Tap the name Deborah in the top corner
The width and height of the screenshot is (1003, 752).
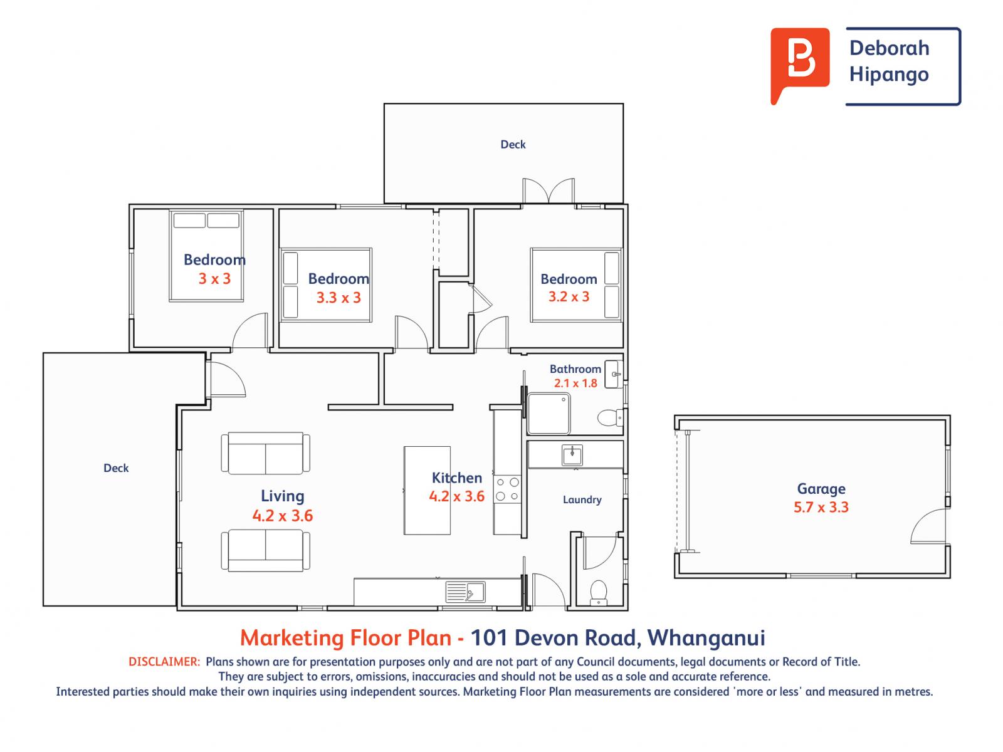889,48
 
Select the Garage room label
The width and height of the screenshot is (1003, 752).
821,489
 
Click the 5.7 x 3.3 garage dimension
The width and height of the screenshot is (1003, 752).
821,507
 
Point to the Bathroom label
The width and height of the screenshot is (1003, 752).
575,369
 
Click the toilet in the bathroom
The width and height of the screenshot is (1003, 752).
609,417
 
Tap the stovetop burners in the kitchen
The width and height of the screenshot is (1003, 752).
507,489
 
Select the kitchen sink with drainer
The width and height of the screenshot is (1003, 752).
465,592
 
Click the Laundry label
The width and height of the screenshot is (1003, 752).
582,499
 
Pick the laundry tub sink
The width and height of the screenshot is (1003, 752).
572,455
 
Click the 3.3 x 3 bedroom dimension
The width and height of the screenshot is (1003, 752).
339,298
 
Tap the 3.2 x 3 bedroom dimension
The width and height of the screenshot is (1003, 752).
569,297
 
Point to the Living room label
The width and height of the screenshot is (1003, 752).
282,496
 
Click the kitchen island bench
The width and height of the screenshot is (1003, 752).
427,491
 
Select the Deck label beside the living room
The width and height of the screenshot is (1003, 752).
116,468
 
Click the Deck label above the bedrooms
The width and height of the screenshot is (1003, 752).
513,144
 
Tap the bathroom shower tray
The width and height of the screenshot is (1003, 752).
549,414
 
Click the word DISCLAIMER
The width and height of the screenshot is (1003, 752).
164,662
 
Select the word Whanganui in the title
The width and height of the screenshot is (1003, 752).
706,639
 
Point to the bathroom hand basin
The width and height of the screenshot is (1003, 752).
614,374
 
